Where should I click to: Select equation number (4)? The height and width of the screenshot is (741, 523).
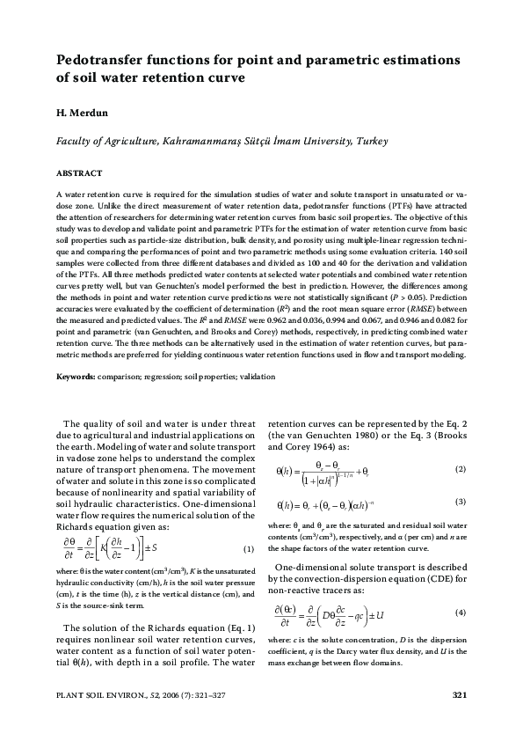pyautogui.click(x=460, y=636)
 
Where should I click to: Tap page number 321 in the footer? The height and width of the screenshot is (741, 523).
pyautogui.click(x=457, y=697)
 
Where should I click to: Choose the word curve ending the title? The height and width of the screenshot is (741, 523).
pyautogui.click(x=224, y=77)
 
